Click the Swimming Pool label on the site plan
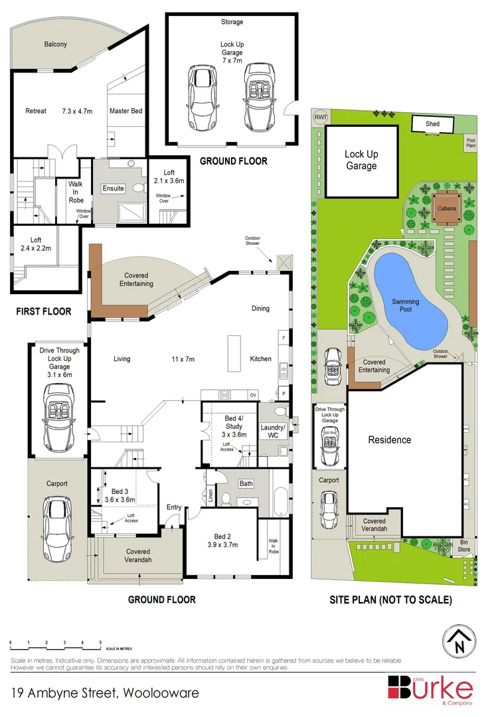405,305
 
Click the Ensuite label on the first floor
113,189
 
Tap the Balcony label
55,44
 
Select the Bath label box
246,483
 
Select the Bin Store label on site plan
463,546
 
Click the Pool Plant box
470,143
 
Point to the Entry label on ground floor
174,507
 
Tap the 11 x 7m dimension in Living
183,359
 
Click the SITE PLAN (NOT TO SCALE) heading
391,599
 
